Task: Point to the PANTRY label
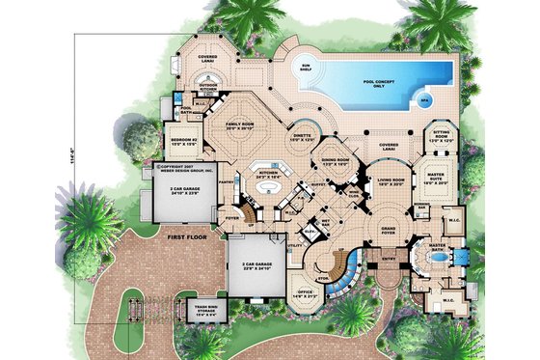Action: point(224,180)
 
